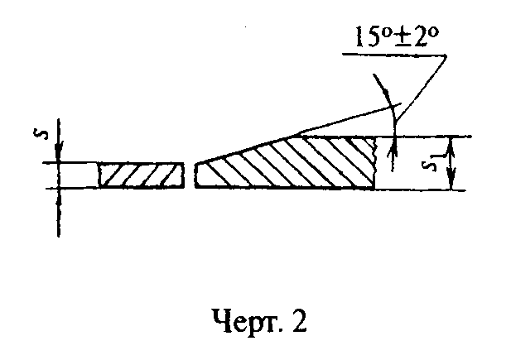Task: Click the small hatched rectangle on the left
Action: tap(141, 175)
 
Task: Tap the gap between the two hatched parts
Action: tap(189, 175)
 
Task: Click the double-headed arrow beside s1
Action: tap(451, 163)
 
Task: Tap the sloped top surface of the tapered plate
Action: tap(248, 149)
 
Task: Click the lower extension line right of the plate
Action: tap(422, 190)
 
